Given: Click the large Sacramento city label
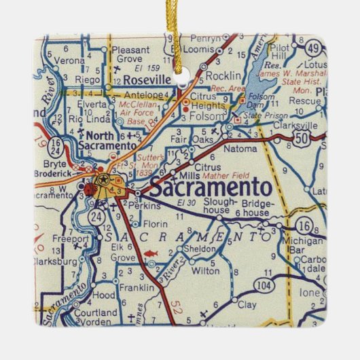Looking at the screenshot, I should [210, 187].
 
